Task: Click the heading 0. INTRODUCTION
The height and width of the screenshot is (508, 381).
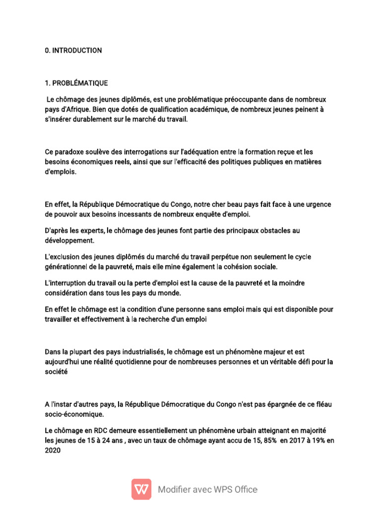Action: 73,51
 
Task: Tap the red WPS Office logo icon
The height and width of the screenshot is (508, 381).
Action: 141,489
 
